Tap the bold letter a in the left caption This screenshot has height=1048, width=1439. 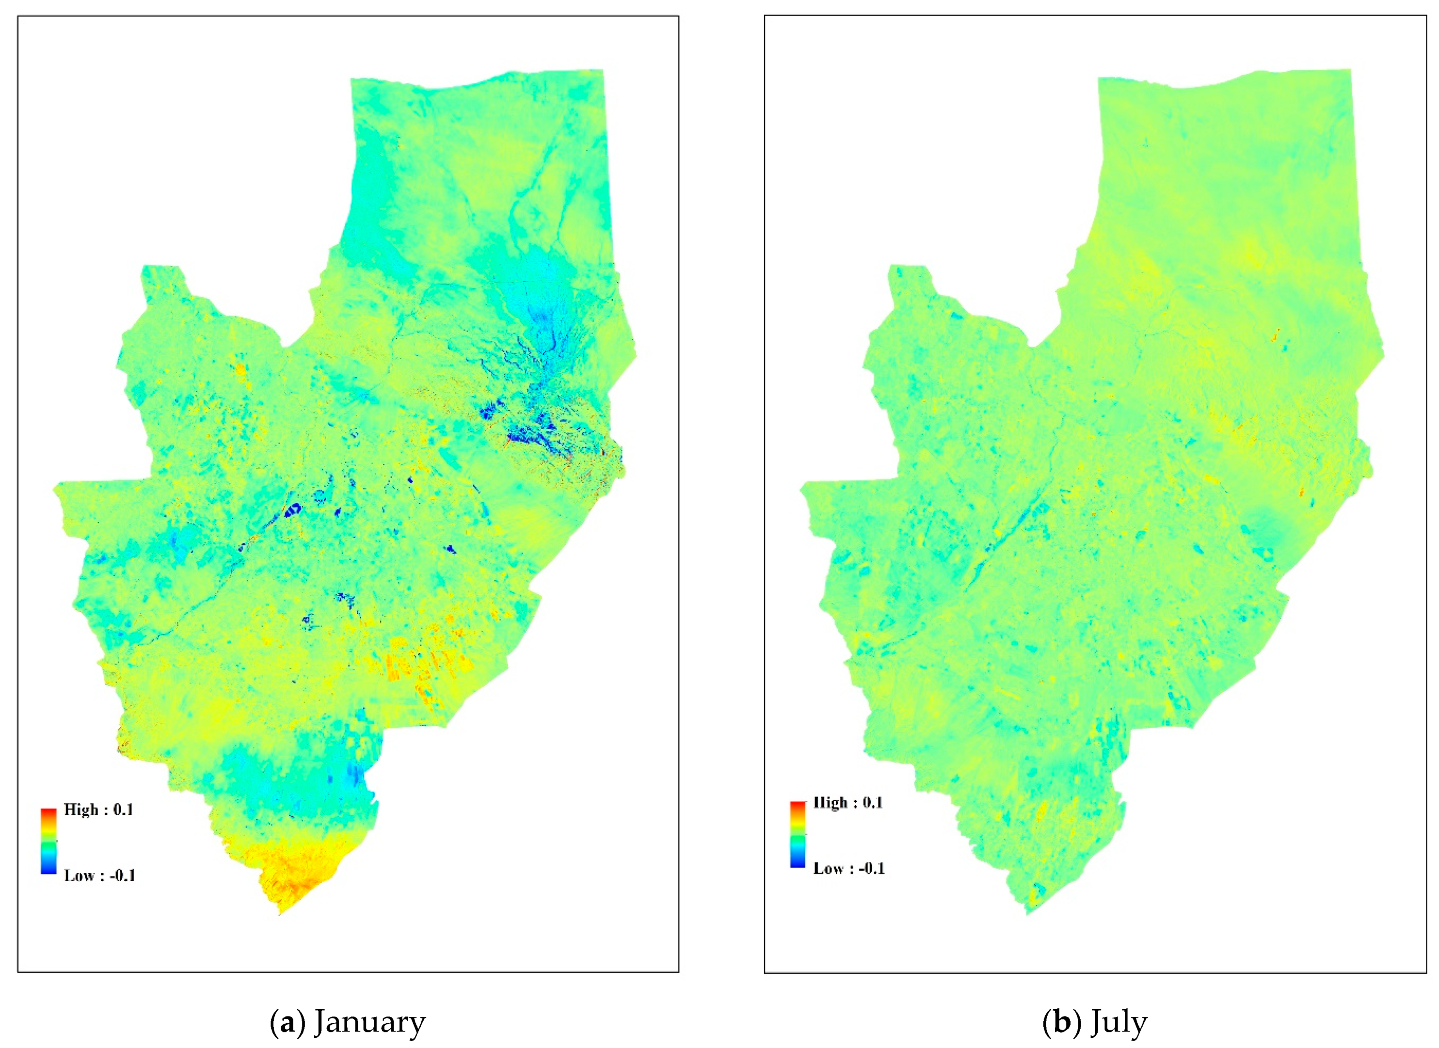(288, 1023)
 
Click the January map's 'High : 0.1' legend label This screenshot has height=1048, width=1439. (98, 810)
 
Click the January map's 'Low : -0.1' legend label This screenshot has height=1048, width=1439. (99, 875)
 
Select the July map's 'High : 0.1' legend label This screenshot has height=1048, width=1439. (847, 803)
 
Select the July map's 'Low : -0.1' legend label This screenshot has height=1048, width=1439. (849, 869)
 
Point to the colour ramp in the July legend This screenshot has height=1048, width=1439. (798, 835)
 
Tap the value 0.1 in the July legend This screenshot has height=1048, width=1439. (872, 803)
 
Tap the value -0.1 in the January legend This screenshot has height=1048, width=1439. (122, 875)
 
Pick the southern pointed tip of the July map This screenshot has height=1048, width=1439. (1027, 912)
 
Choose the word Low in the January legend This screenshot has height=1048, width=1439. (78, 875)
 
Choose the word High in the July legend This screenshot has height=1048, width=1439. (831, 803)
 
